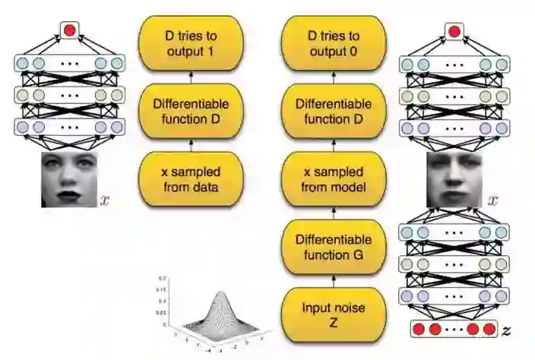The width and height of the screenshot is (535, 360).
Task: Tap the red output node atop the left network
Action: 69,31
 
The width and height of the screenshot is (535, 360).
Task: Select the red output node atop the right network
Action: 454,31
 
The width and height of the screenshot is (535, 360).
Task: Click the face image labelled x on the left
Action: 69,178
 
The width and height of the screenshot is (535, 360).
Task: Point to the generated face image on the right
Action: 454,179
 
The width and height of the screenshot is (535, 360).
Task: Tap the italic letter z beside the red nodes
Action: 507,331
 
